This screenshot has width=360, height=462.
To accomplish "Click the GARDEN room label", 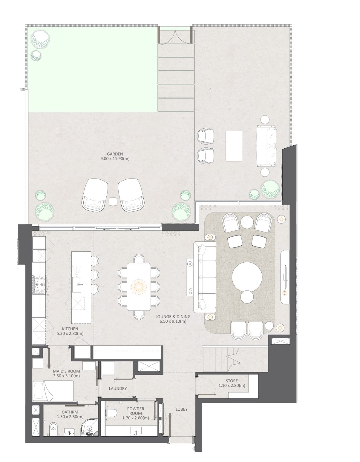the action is [x=115, y=154].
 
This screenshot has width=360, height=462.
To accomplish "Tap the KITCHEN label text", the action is [x=70, y=329].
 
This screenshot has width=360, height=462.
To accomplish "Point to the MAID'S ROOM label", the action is [x=66, y=371].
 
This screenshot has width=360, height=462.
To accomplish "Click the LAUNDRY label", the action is [x=118, y=389].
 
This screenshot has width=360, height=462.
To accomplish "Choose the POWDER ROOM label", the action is [x=136, y=411].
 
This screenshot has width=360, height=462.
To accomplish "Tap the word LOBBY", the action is [x=181, y=409].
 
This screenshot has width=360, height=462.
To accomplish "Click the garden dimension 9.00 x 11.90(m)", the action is [x=115, y=158].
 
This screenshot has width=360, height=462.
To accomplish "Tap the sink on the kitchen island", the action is [x=77, y=285].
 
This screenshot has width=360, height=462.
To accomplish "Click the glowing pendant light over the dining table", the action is [x=139, y=287].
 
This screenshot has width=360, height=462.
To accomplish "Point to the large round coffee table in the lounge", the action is [x=247, y=278].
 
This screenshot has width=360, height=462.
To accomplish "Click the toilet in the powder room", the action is [x=111, y=413].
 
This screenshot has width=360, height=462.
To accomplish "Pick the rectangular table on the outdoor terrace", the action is [x=234, y=146].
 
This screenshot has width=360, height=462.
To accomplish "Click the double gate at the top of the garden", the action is [x=175, y=35].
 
